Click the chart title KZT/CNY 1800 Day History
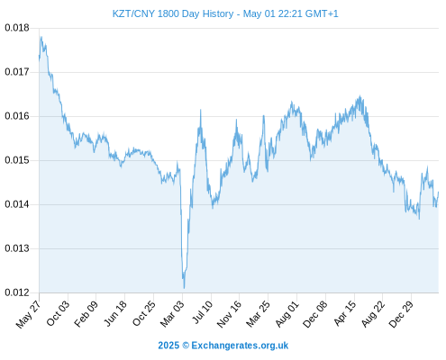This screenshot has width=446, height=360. tap(173, 13)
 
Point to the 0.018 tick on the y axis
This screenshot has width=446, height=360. tap(17, 28)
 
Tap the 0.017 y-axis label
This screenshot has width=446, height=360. tap(17, 72)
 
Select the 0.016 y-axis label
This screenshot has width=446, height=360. tap(17, 116)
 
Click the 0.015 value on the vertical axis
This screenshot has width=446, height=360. tap(17, 160)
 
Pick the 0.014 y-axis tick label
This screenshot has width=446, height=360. tap(17, 204)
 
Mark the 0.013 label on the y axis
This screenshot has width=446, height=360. tap(17, 248)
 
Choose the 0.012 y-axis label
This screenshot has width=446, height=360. tap(17, 292)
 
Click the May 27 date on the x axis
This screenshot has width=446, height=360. tap(28, 313)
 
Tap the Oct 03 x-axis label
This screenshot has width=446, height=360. tap(58, 312)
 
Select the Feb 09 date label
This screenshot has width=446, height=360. tap(86, 313)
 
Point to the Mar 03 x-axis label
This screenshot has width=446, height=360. tap(172, 313)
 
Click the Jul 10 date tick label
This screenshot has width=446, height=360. tap(202, 311)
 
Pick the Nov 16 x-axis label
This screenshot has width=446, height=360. tap(229, 313)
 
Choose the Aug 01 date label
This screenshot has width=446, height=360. tap(287, 313)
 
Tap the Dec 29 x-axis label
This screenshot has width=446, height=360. tap(401, 313)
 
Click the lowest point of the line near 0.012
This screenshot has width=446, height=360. tap(184, 288)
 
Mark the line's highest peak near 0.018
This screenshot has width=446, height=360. tap(41, 37)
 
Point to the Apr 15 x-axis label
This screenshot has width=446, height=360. tap(345, 313)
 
